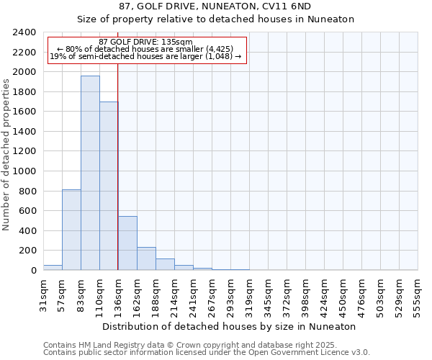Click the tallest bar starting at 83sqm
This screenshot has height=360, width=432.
tap(90, 173)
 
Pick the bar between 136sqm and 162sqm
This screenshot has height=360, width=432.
tap(127, 243)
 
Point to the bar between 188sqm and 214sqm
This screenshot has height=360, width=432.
tap(165, 264)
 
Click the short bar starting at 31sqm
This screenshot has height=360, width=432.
tap(53, 267)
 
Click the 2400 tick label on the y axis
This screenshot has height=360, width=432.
tap(24, 32)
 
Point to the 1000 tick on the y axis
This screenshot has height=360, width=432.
tap(24, 171)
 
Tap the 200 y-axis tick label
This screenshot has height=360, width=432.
tap(27, 251)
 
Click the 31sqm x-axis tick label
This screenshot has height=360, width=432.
tap(43, 294)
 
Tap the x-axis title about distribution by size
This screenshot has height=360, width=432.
tap(230, 326)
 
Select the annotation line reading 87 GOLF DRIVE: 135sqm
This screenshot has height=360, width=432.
tap(146, 42)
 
